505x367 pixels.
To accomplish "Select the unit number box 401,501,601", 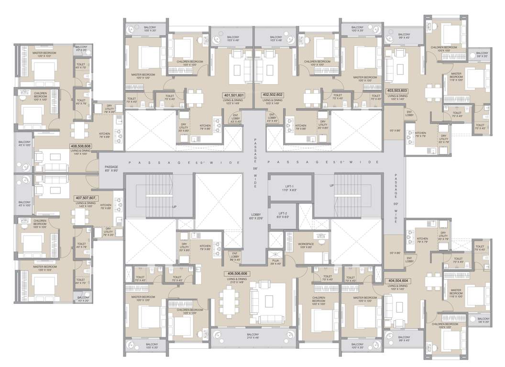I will tap(233, 95).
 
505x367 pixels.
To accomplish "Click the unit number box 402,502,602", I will tap(273, 95).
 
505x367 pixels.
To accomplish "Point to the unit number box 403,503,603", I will tap(396, 90).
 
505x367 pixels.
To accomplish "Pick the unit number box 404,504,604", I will tap(396, 282).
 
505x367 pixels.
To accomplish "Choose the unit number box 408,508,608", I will tap(81, 147).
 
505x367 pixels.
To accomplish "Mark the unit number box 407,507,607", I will tap(86, 197).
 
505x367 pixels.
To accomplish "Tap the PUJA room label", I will tap(275, 261).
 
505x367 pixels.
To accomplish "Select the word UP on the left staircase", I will tap(176, 207).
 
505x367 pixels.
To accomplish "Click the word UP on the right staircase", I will tap(331, 185).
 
